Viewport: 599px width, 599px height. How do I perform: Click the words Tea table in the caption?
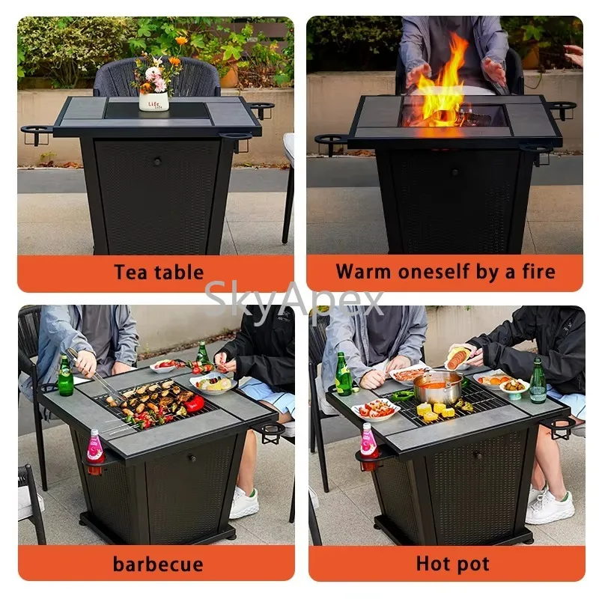click(158, 273)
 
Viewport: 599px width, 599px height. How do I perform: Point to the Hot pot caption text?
click(452, 563)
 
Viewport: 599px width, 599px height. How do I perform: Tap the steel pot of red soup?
click(439, 387)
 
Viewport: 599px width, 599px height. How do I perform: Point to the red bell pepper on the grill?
click(194, 404)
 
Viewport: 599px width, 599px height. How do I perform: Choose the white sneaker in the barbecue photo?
click(244, 502)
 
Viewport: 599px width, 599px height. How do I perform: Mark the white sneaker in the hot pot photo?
click(550, 508)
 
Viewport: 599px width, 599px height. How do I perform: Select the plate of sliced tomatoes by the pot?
click(377, 409)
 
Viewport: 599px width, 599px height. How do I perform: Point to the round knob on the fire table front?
click(455, 171)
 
